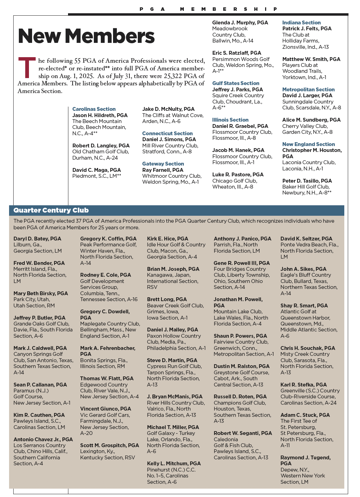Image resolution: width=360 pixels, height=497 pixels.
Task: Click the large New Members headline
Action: (86, 36)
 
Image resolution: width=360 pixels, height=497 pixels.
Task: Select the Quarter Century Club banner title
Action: (51, 210)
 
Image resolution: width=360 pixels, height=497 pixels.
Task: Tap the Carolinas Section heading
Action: (94, 109)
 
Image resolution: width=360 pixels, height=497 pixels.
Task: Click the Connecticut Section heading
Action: (167, 133)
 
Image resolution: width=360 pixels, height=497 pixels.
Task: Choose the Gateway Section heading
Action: (163, 164)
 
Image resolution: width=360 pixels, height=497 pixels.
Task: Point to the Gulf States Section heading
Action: (236, 83)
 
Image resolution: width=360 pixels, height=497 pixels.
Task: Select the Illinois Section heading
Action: (230, 120)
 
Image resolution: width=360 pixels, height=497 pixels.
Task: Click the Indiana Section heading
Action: (301, 23)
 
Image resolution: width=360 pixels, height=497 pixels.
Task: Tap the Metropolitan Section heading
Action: (308, 90)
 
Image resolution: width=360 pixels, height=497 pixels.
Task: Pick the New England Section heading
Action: (308, 144)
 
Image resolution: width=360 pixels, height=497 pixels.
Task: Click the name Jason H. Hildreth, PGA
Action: (100, 115)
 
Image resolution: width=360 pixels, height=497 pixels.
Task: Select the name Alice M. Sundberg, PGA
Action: (311, 120)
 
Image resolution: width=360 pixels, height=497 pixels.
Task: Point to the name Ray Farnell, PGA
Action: (163, 170)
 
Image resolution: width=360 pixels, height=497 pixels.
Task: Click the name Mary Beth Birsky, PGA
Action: (41, 293)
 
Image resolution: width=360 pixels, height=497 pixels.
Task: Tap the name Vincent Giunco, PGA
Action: (106, 409)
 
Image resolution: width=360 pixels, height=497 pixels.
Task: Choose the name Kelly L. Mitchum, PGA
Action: (174, 464)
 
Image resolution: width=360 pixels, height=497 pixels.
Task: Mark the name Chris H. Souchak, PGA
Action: (308, 348)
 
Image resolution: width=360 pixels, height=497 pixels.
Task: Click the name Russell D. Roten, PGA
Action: (240, 397)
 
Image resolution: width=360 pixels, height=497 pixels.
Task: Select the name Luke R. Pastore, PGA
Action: (238, 175)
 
